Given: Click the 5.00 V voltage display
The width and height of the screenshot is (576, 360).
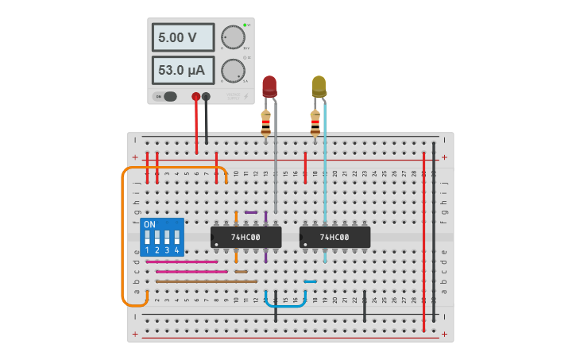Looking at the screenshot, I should coord(183,37).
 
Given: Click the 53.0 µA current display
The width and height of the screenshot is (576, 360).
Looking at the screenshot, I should coord(183,70).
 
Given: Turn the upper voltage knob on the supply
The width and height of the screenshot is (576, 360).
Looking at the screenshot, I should coord(233,37).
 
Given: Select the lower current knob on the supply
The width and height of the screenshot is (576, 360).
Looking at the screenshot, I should coord(233,71).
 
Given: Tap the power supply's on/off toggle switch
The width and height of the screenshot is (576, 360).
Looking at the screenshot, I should coord(168,97).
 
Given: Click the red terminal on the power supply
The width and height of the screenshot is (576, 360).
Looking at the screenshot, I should coord(196,97).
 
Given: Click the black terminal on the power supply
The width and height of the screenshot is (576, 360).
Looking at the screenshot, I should coord(207,97).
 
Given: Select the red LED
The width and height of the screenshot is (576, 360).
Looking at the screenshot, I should coord(269,85).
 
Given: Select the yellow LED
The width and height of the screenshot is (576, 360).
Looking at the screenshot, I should coord(319,85).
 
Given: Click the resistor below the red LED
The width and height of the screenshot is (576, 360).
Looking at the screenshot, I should coord(266,122).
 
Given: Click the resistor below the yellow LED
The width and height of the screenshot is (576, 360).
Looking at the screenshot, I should coord(315,122).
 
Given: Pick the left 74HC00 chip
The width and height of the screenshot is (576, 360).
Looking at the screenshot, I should coord(246,237).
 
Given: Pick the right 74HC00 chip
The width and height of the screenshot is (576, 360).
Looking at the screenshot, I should coord(334,237).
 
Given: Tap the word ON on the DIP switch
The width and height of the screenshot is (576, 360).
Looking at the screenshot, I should coord(150,225).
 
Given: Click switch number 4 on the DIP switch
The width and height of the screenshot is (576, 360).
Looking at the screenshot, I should coord(176,238).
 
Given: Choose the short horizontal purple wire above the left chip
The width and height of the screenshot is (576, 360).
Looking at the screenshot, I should coord(251,212).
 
